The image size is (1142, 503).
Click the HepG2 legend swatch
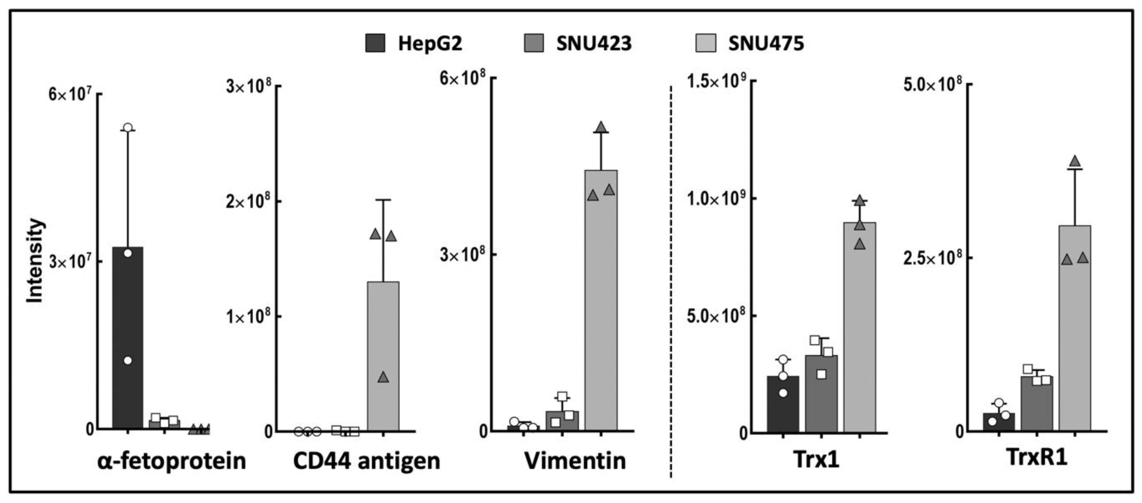(375, 43)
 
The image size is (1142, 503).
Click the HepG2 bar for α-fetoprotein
(128, 337)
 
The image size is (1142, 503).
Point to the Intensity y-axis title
(35, 261)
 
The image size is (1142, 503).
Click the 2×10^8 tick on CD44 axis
(248, 202)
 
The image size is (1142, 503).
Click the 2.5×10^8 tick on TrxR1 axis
(933, 258)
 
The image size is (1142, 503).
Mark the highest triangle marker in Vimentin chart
(601, 128)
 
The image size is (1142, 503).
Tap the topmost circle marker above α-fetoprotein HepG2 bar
(128, 128)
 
